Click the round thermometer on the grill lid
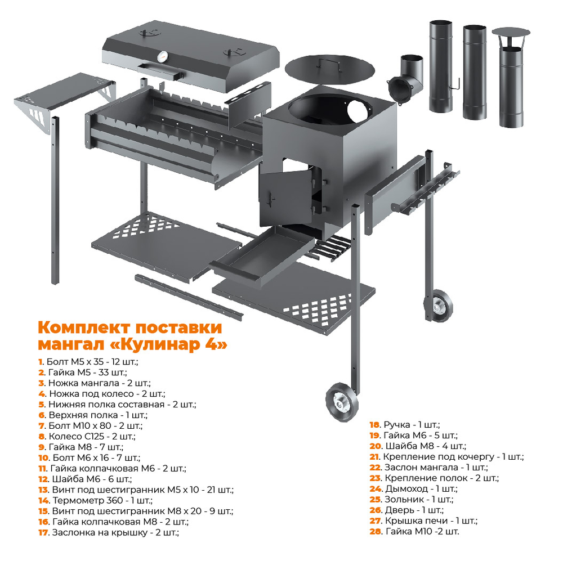(163, 56)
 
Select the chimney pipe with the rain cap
(511, 77)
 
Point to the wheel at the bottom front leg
(342, 402)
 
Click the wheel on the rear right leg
(438, 306)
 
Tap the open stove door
(286, 198)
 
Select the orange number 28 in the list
(375, 532)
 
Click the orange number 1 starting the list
(40, 362)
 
